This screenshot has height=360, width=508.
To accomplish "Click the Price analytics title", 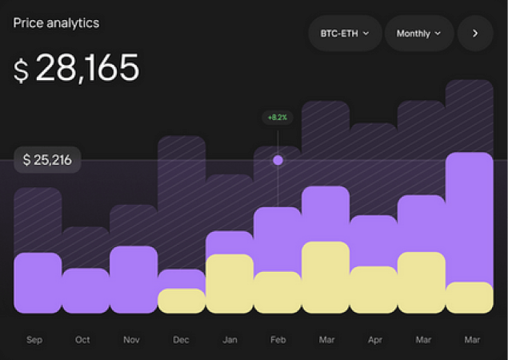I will click(56, 22).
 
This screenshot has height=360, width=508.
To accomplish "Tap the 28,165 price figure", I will click(77, 68).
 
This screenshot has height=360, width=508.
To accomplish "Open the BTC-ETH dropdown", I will click(345, 34).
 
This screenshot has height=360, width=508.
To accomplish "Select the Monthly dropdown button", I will click(419, 34).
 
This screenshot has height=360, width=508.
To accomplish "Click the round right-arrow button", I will click(475, 34).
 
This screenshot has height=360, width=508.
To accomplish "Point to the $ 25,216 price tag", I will click(47, 160).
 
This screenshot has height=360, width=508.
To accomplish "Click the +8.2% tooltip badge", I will click(278, 118).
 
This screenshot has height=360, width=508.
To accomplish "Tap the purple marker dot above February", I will click(278, 160).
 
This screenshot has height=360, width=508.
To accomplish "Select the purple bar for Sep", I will click(38, 282).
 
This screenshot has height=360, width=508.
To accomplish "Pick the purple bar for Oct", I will click(86, 290).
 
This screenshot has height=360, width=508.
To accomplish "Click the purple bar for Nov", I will click(134, 279).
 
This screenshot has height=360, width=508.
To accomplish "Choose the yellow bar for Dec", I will click(182, 301).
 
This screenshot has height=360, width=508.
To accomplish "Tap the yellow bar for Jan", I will click(230, 283).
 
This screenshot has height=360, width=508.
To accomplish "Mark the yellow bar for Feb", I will click(278, 292).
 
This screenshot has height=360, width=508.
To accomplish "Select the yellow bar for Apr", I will click(374, 290).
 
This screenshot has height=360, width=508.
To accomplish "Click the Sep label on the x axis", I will click(34, 340).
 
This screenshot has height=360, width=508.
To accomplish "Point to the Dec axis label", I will click(181, 340).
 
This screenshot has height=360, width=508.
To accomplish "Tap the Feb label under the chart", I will click(278, 340).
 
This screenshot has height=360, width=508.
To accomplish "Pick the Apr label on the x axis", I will click(374, 340).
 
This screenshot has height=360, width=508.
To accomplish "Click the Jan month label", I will click(230, 340).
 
